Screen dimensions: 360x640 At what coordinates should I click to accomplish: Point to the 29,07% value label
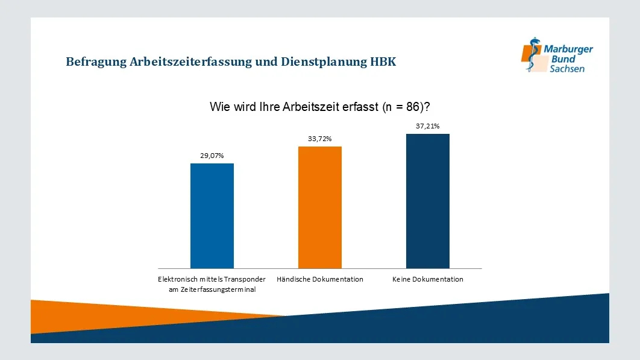point(212,156)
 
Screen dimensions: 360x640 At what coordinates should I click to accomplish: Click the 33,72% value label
point(320,139)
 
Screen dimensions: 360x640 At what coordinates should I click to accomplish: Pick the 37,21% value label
point(428,127)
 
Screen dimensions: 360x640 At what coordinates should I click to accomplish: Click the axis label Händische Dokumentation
point(320,279)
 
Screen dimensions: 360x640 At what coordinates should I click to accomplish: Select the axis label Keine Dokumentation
point(428,279)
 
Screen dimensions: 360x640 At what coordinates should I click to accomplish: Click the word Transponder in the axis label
point(245,279)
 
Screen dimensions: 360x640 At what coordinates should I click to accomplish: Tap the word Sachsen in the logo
point(566,69)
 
